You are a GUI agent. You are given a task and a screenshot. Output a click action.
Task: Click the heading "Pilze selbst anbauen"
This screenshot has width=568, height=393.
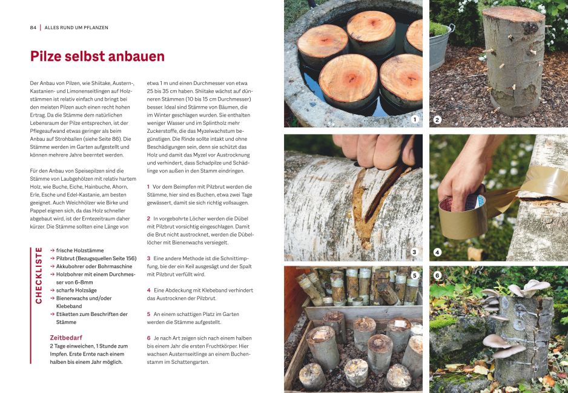pyautogui.click(x=97, y=56)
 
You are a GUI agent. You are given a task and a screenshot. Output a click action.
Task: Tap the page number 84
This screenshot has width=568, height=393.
pyautogui.click(x=33, y=27)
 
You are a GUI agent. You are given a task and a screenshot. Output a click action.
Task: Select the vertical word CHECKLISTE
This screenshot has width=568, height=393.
pyautogui.click(x=39, y=275)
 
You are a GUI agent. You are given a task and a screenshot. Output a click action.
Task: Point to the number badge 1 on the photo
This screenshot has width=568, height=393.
pyautogui.click(x=415, y=119)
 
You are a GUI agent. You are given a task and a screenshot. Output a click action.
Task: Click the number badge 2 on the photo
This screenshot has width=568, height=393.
pyautogui.click(x=437, y=119)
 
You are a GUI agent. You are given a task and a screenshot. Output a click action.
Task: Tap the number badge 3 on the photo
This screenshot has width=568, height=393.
pyautogui.click(x=414, y=252)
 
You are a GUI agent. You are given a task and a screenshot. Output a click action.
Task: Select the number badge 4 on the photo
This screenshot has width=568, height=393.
pyautogui.click(x=437, y=252)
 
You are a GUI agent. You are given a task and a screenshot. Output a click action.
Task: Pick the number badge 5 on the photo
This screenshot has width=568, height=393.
pyautogui.click(x=415, y=275)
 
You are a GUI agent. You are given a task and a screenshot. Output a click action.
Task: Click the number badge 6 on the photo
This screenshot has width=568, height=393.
pyautogui.click(x=437, y=275)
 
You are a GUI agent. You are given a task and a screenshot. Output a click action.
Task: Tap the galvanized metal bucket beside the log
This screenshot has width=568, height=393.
pyautogui.click(x=440, y=45)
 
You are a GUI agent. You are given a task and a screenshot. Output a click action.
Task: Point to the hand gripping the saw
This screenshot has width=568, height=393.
pyautogui.click(x=375, y=150)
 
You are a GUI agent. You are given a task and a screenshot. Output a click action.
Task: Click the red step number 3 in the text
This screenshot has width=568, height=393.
pyautogui.click(x=148, y=258)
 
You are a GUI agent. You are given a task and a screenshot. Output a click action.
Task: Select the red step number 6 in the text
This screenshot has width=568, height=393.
pyautogui.click(x=148, y=338)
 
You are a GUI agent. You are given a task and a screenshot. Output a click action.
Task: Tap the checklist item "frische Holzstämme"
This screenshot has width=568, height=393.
pyautogui.click(x=80, y=250)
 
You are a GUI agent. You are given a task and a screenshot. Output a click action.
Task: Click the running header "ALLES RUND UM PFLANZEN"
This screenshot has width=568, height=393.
pyautogui.click(x=76, y=27)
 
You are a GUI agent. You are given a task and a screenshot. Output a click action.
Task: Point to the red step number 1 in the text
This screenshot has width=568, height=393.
pyautogui.click(x=148, y=187)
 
